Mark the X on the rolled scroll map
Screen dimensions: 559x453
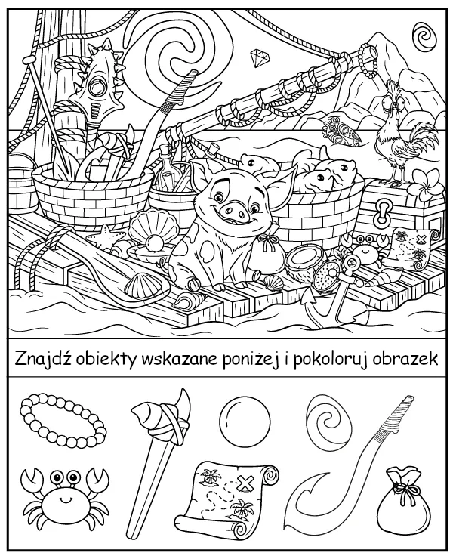(x=244, y=481)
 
